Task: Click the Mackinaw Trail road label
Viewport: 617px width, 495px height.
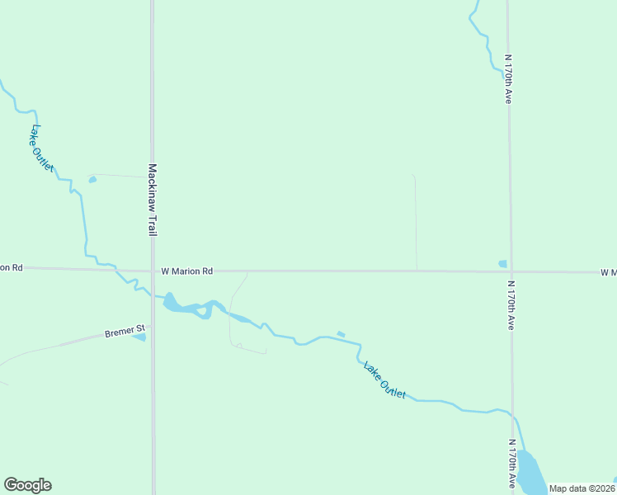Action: click(153, 200)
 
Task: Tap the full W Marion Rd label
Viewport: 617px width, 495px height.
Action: click(187, 271)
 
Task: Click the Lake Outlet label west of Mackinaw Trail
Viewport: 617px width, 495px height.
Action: click(41, 148)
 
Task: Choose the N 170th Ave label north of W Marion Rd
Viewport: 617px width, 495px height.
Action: click(509, 79)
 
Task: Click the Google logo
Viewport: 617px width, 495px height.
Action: click(27, 485)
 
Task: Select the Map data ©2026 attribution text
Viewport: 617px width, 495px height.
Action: click(581, 488)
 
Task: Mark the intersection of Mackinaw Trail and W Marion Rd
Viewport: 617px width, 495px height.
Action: click(153, 271)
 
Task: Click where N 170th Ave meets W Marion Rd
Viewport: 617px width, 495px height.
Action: click(510, 271)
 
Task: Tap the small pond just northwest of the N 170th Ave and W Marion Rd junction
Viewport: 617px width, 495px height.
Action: click(502, 264)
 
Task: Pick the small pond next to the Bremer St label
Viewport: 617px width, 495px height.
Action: click(139, 337)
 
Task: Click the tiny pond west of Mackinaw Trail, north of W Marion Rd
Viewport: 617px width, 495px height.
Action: click(92, 179)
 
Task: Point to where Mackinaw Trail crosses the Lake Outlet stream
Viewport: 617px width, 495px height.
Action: click(153, 295)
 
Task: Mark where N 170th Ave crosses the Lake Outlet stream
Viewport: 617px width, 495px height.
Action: click(512, 413)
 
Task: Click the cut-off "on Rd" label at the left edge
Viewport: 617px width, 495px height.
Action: click(12, 267)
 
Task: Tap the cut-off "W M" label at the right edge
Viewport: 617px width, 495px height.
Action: click(609, 272)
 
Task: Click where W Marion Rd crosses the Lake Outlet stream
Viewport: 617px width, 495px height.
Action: click(116, 270)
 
